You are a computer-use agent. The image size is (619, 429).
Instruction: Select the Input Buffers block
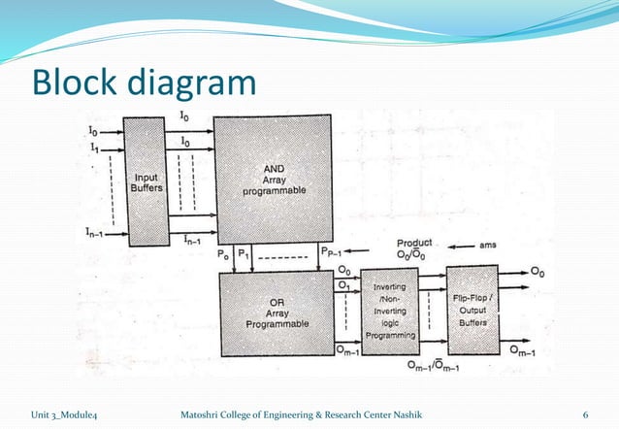(x=147, y=181)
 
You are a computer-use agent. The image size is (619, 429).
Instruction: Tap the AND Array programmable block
(x=274, y=179)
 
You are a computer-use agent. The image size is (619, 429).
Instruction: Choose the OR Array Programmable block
(x=275, y=313)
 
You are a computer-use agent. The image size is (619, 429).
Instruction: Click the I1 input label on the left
(x=93, y=146)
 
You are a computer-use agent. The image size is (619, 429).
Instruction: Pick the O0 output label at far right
(x=537, y=273)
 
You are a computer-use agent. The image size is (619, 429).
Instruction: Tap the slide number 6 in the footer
(x=585, y=414)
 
